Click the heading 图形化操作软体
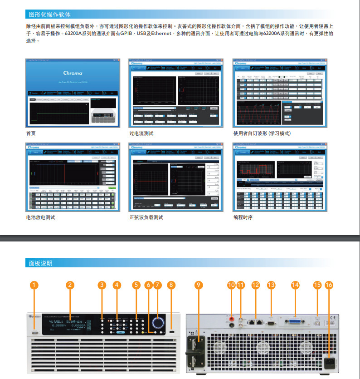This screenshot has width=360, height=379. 49,15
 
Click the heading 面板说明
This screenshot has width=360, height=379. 40,263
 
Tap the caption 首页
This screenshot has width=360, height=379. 30,133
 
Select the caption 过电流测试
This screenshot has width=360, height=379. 141,133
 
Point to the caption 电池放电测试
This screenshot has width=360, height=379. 40,217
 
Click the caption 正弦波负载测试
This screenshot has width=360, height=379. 146,217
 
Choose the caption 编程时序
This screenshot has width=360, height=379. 243,217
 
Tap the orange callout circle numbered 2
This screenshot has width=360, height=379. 69,285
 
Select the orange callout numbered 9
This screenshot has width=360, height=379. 198,285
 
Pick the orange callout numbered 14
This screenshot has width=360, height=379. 295,285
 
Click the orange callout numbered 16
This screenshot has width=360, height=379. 329,285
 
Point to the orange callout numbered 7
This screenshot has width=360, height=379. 157,285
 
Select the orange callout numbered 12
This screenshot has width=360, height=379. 256,285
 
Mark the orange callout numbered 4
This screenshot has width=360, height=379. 117,285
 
